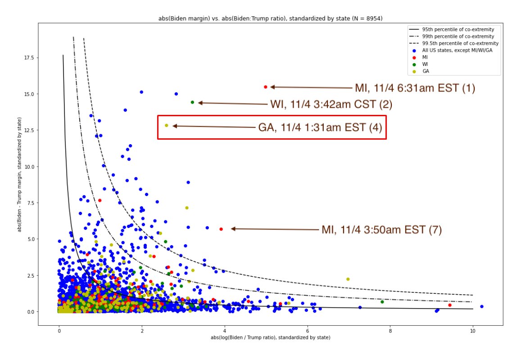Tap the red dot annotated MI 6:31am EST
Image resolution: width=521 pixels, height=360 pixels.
266,87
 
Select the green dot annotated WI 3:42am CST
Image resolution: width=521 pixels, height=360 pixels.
192,102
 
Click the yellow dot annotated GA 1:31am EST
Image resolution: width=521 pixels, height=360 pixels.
167,125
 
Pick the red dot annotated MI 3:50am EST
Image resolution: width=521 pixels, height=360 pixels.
221,229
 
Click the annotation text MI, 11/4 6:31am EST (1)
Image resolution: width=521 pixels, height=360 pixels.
415,88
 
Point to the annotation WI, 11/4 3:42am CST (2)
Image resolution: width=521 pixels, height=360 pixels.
331,105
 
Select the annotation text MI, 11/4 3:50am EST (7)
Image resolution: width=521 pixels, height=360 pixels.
381,230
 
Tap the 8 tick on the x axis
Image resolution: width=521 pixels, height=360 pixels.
390,330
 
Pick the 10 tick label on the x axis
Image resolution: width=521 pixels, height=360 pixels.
473,330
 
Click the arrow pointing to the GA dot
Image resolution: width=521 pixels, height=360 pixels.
214,127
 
